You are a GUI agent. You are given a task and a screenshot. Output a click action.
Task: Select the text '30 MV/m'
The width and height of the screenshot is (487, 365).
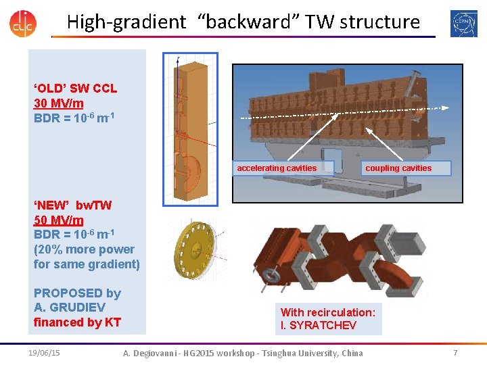[59, 103]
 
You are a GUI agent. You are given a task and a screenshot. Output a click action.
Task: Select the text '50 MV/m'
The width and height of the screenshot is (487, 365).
[59, 220]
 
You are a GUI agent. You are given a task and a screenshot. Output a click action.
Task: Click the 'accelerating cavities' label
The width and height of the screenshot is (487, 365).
[277, 168]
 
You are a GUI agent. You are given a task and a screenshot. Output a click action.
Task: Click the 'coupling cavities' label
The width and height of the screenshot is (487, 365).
[398, 168]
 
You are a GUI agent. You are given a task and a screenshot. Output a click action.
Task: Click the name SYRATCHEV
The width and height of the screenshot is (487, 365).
[318, 325]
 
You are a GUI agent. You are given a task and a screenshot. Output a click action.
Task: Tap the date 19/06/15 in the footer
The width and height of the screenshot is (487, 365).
[45, 353]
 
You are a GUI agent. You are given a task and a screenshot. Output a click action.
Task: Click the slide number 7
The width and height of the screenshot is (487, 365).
[455, 353]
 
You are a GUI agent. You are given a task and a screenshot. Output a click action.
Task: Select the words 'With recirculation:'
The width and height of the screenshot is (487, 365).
[328, 312]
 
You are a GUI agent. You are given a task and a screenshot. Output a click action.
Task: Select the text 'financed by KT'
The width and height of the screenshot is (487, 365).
[77, 322]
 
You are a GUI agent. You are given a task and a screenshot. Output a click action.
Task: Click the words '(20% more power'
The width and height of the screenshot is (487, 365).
[84, 249]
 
